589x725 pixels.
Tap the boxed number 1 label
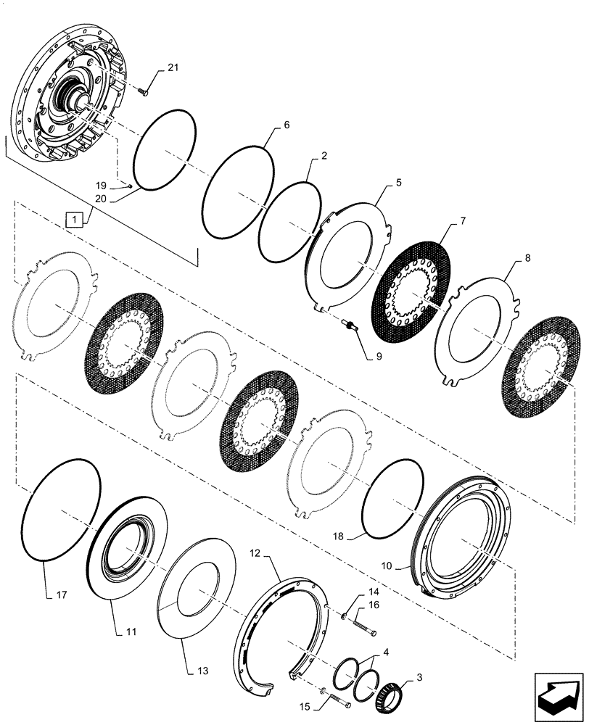click(75, 217)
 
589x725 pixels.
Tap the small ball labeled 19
click(128, 184)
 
